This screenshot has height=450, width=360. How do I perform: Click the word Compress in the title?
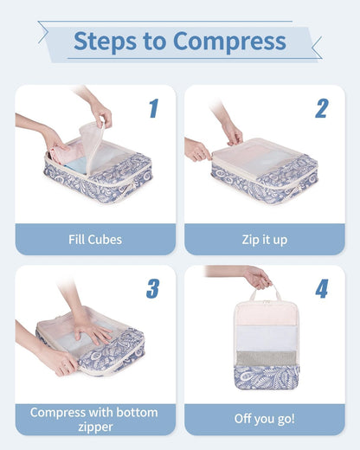pos(229,41)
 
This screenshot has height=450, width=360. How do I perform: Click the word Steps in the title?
pos(103,41)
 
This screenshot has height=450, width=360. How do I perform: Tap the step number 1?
pos(153,108)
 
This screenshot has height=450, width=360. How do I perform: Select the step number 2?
pos(321,108)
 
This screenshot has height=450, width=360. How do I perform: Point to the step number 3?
pos(153,288)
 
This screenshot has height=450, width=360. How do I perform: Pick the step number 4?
pos(321,288)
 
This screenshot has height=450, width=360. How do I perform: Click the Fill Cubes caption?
pos(95,240)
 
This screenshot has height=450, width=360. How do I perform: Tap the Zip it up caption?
pos(264,240)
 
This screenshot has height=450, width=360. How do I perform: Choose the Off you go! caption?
pos(264,419)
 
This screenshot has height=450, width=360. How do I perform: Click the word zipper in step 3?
pos(95,427)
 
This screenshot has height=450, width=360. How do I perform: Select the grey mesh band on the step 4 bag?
pos(267,358)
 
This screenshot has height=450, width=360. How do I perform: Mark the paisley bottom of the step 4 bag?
pos(267,378)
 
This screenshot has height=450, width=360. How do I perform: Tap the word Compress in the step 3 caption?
pos(62,412)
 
